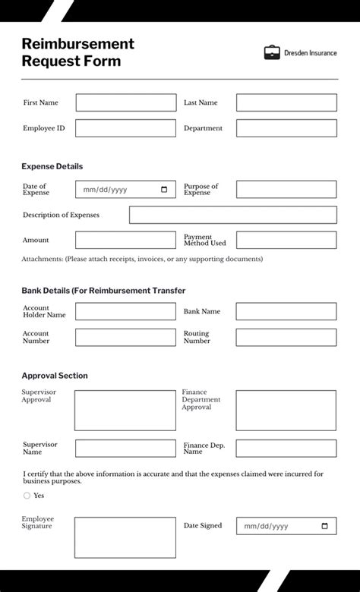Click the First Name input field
[x=125, y=102]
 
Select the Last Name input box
[x=286, y=102]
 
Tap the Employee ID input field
[x=125, y=128]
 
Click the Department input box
[x=286, y=128]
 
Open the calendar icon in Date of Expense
[x=165, y=190]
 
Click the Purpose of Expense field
[x=286, y=190]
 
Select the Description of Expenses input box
[x=232, y=215]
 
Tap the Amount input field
[x=125, y=240]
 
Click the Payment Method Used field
[x=286, y=240]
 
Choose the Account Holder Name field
[x=125, y=311]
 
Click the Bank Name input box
[x=286, y=311]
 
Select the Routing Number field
[x=286, y=337]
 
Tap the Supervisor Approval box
[x=125, y=411]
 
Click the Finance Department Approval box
[x=286, y=411]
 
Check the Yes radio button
[x=27, y=496]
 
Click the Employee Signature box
[x=125, y=537]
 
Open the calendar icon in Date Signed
[x=325, y=526]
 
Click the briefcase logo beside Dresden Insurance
[x=272, y=52]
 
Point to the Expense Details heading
[x=52, y=166]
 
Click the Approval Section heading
[x=55, y=376]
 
